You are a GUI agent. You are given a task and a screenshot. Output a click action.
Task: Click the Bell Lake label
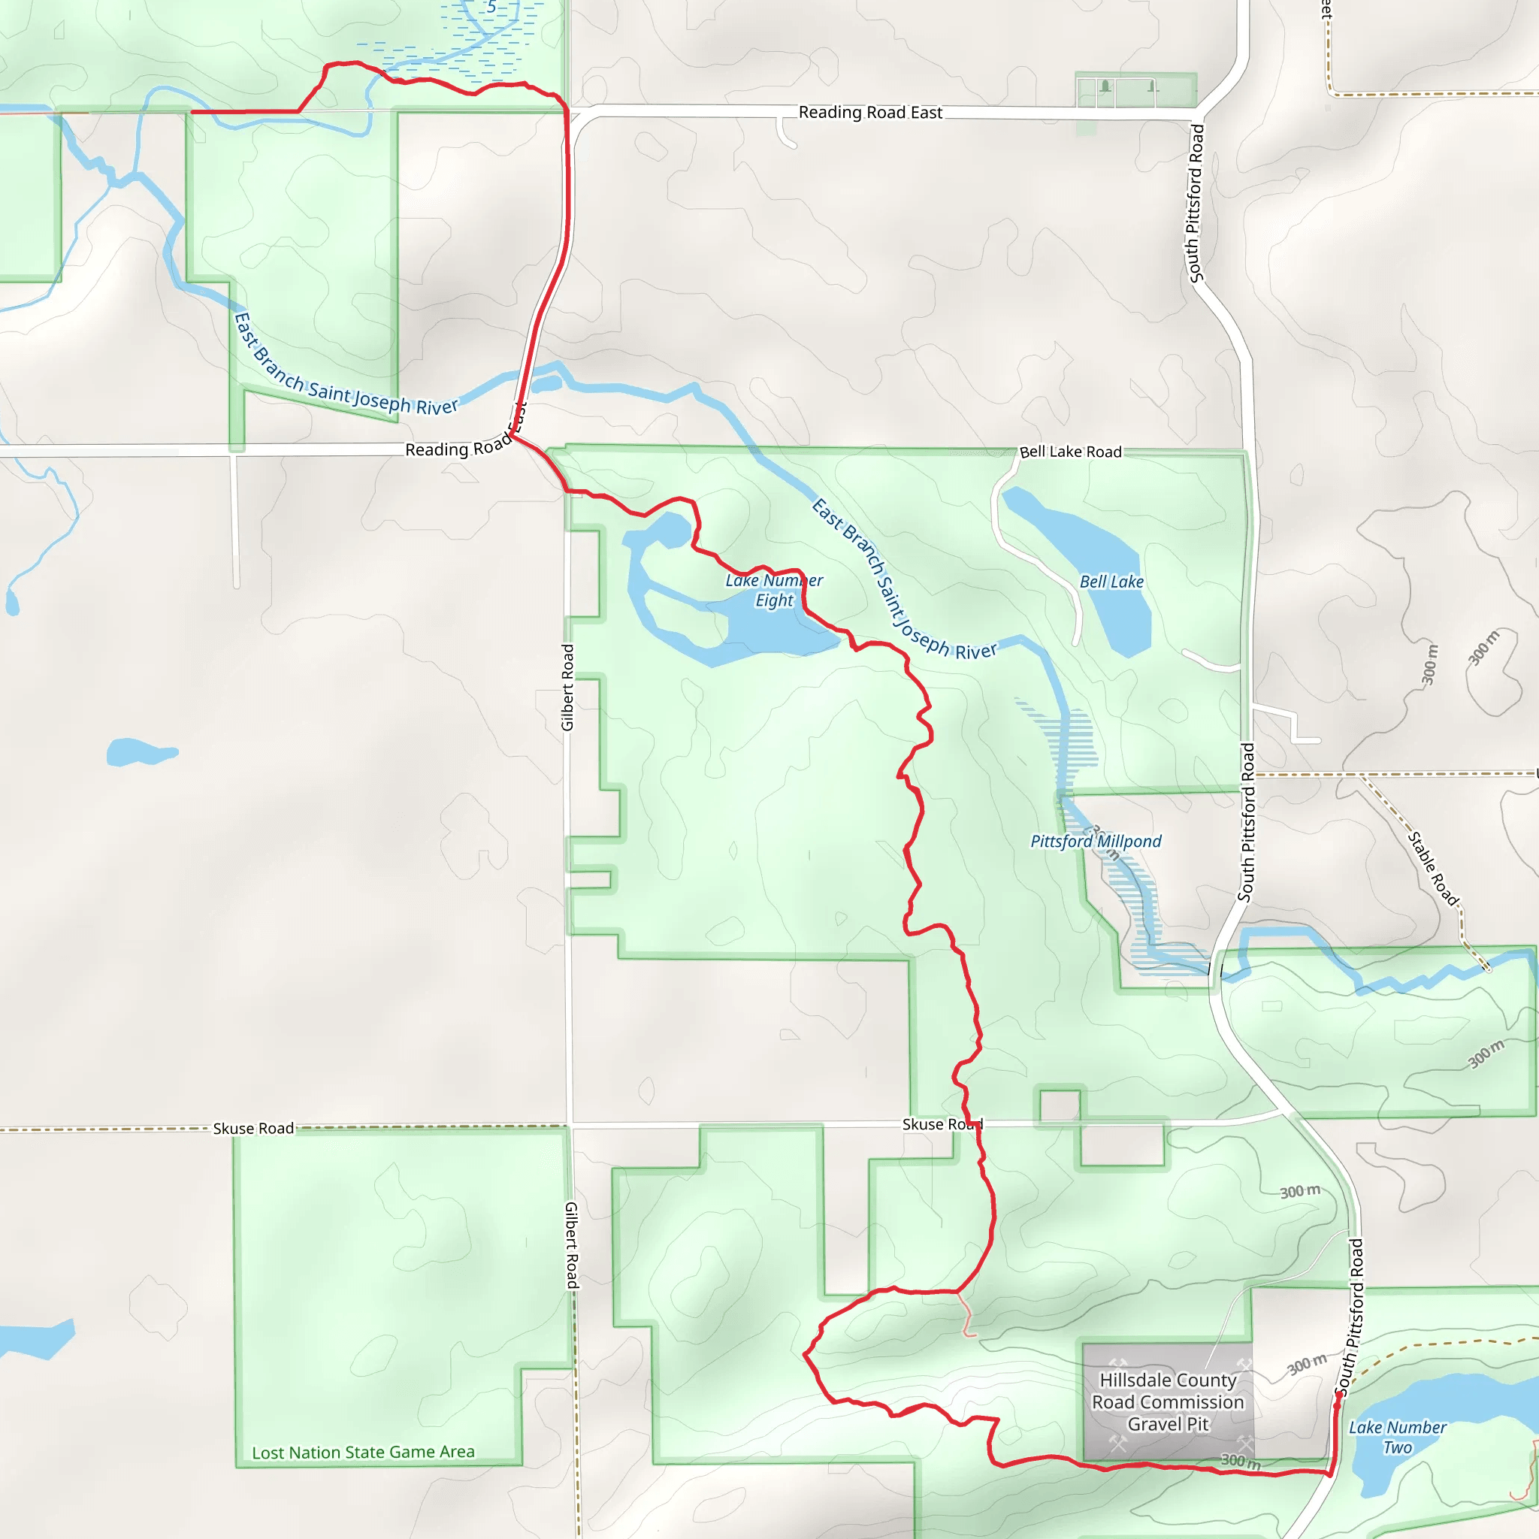1111,582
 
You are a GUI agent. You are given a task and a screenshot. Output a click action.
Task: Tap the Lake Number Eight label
773,590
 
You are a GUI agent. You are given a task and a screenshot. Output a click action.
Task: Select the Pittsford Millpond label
1096,841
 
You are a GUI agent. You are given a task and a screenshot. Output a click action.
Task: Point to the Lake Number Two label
1397,1437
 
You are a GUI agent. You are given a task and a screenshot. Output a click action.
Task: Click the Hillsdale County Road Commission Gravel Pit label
1168,1402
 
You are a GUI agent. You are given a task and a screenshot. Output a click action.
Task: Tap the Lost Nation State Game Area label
363,1452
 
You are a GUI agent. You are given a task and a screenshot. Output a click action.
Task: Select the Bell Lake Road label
1070,452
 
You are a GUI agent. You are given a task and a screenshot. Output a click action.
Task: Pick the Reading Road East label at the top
870,112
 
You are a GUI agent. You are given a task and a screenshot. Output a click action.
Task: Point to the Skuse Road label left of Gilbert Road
253,1129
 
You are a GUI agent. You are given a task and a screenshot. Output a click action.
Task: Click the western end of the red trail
193,112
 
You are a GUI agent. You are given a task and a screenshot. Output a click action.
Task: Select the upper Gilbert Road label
567,688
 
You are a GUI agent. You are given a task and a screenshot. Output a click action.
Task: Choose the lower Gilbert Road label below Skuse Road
572,1246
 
